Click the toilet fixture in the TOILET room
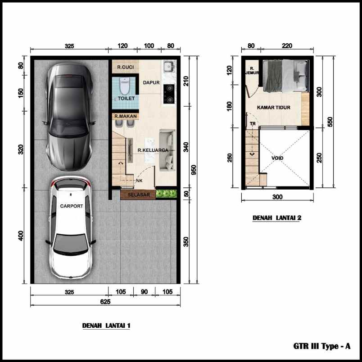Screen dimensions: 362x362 click(125, 84)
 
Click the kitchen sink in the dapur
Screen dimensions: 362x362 click(169, 67)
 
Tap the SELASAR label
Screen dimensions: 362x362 click(137, 195)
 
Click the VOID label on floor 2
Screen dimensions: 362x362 click(278, 158)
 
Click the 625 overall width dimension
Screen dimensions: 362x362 click(105, 302)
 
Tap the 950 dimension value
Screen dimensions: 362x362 click(194, 170)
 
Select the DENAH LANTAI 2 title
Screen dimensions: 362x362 click(276, 218)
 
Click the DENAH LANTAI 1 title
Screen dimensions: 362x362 click(106, 325)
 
